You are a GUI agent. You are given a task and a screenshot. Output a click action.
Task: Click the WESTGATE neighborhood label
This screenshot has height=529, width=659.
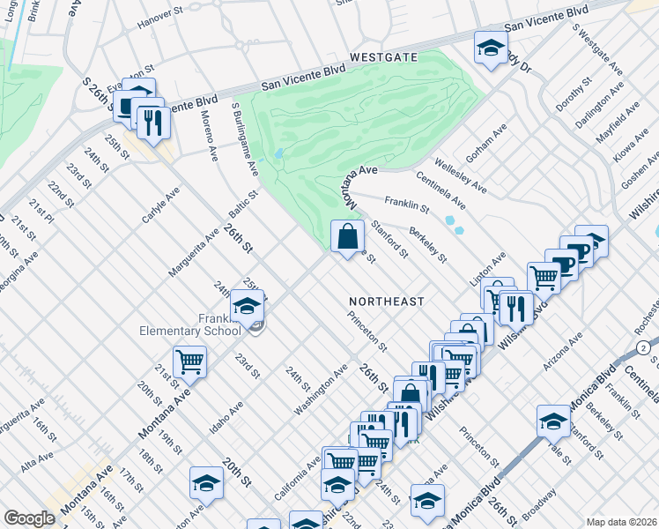(382, 57)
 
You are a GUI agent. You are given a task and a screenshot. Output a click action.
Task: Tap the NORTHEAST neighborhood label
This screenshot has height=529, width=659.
(386, 302)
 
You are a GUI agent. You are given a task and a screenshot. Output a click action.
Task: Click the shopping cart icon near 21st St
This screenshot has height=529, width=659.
(189, 361)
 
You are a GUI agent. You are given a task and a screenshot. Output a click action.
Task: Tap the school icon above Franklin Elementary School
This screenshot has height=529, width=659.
(248, 305)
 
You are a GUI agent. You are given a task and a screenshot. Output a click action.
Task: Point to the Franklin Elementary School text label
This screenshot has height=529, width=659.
(202, 324)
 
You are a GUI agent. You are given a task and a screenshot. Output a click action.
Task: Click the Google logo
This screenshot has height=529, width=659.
(29, 518)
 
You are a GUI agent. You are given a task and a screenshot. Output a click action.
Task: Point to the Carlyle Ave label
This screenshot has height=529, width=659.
(160, 204)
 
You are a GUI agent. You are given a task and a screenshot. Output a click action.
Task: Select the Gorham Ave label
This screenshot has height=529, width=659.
(487, 142)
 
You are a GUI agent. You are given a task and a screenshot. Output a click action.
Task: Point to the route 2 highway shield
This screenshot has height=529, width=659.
(646, 349)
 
